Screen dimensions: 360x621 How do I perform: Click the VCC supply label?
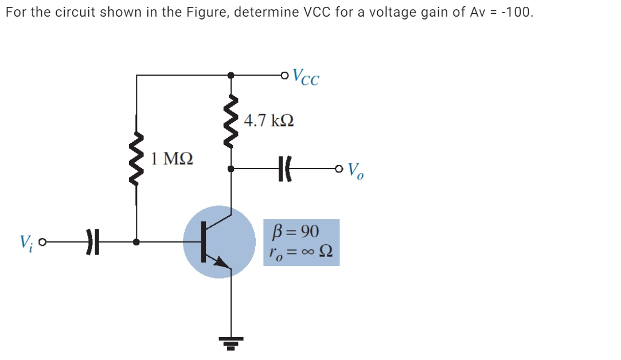pos(306,77)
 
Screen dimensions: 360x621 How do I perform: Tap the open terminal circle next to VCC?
pos(286,75)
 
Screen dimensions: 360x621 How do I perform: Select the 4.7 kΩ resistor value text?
pos(268,121)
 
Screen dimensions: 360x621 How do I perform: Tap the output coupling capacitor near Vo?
pos(284,169)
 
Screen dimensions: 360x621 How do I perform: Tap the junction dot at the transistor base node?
pos(136,242)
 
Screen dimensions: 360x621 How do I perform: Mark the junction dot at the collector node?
pos(231,169)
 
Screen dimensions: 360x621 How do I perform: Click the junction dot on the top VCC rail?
pos(231,75)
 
